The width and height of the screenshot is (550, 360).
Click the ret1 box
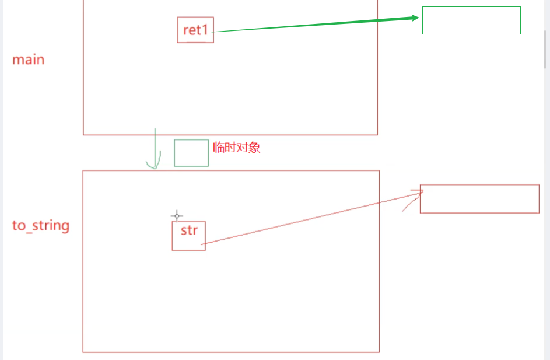pyautogui.click(x=195, y=30)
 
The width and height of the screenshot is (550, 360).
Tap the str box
pyautogui.click(x=189, y=236)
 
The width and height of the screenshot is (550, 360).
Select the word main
pyautogui.click(x=28, y=60)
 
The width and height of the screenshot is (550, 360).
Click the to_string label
pyautogui.click(x=41, y=226)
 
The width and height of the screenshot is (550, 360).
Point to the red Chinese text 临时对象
pyautogui.click(x=237, y=148)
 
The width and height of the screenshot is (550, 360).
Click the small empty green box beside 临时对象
pyautogui.click(x=191, y=153)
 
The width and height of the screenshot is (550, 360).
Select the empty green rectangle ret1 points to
pyautogui.click(x=471, y=20)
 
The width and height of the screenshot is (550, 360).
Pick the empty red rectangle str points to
pyautogui.click(x=479, y=199)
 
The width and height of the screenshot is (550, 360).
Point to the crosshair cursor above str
pyautogui.click(x=177, y=216)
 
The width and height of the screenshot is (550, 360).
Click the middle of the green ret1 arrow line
pyautogui.click(x=315, y=25)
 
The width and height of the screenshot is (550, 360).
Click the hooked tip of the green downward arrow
pyautogui.click(x=153, y=167)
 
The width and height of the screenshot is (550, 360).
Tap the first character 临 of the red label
pyautogui.click(x=219, y=148)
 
